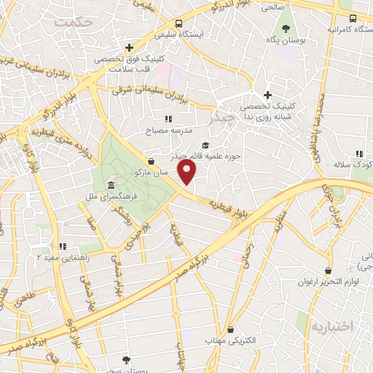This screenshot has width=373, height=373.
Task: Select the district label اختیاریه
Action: tap(331, 325)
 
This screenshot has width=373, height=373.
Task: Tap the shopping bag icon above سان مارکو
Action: tap(151, 161)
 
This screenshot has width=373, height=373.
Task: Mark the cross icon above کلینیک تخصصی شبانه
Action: tap(268, 95)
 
